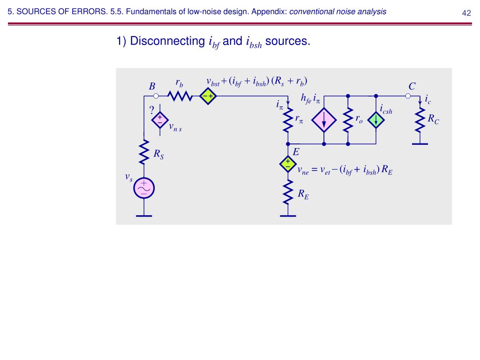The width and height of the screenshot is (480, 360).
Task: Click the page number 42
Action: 466,13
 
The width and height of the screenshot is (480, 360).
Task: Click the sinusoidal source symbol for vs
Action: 143,188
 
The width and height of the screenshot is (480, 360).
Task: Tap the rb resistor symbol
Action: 180,96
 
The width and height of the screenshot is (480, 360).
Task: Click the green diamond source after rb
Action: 207,96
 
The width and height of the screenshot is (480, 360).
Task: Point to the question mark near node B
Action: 151,111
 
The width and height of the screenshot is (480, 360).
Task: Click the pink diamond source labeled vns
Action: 159,120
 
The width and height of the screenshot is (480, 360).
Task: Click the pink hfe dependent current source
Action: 324,120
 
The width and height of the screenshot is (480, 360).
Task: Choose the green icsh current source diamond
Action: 376,120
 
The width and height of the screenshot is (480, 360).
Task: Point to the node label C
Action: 412,86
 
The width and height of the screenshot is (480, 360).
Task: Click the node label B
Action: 152,87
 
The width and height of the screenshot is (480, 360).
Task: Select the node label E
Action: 296,152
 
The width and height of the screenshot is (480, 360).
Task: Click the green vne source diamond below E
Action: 287,163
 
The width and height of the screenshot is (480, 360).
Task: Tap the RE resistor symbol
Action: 287,193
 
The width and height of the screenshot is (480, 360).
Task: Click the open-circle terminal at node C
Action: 408,96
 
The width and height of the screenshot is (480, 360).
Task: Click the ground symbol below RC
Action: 420,143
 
